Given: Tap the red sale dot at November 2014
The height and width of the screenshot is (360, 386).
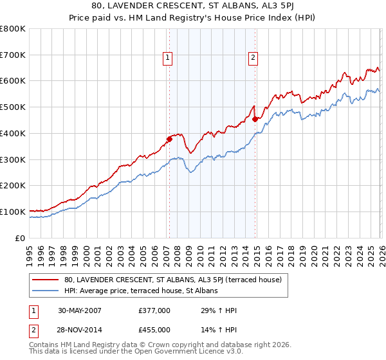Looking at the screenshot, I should click(x=255, y=118).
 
